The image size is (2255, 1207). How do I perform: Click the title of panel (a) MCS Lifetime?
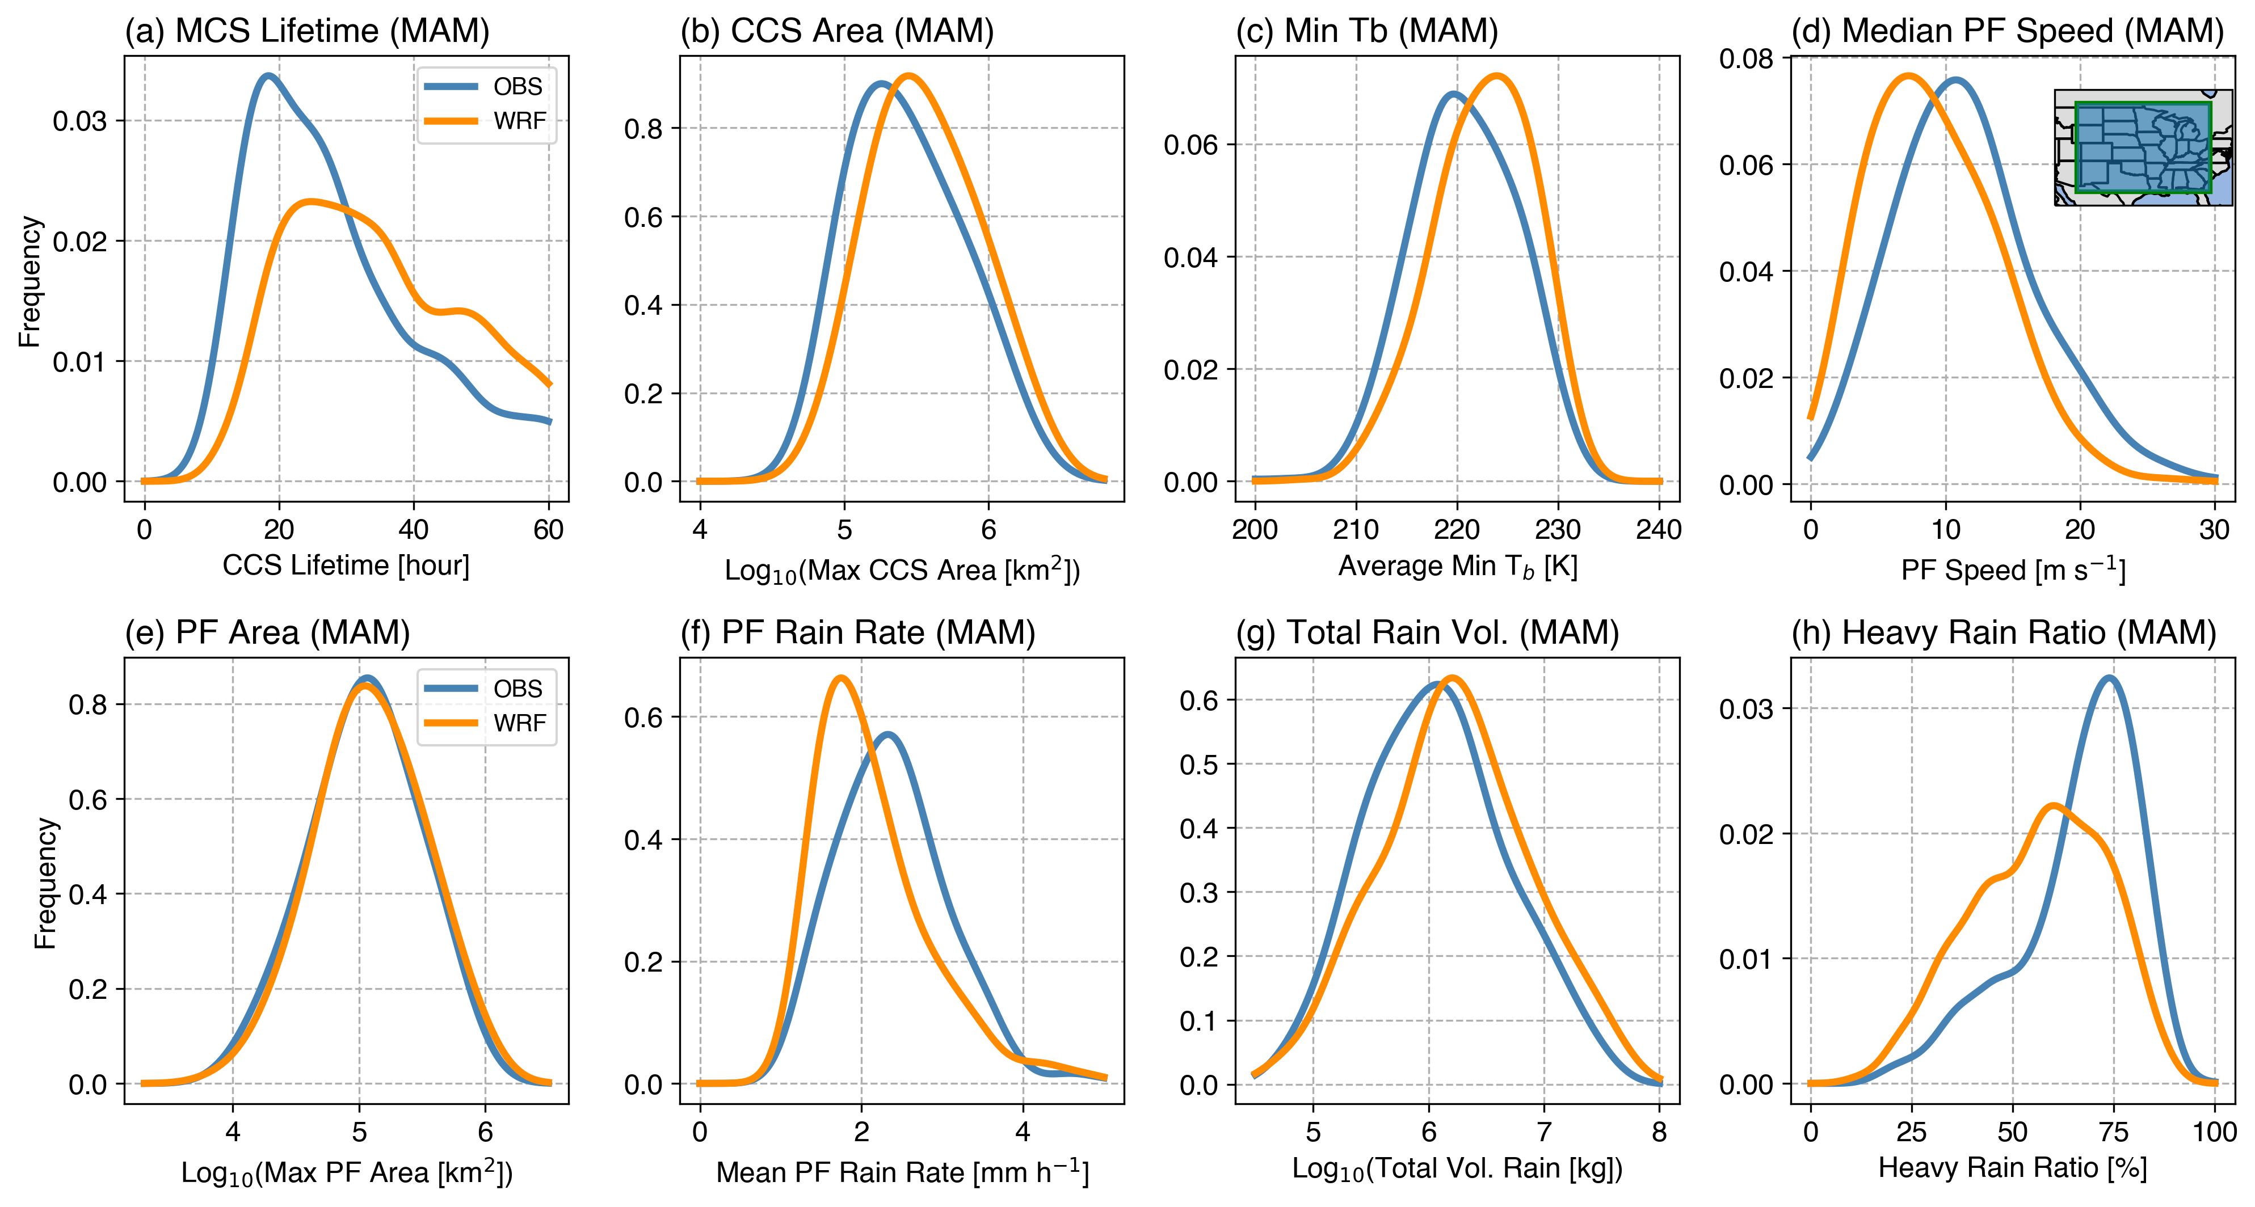[x=306, y=32]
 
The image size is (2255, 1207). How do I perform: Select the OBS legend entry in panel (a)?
[x=516, y=87]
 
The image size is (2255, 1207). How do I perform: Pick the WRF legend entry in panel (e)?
[x=518, y=723]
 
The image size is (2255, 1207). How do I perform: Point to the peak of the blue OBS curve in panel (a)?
[x=269, y=76]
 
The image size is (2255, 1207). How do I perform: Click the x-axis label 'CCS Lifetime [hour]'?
[x=346, y=565]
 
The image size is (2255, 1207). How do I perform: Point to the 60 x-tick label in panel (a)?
[x=549, y=530]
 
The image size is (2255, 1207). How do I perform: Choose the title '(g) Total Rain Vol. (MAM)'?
[x=1427, y=633]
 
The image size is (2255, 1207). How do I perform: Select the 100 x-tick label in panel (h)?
[x=2215, y=1132]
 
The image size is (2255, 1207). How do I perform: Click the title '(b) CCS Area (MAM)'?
[x=837, y=32]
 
